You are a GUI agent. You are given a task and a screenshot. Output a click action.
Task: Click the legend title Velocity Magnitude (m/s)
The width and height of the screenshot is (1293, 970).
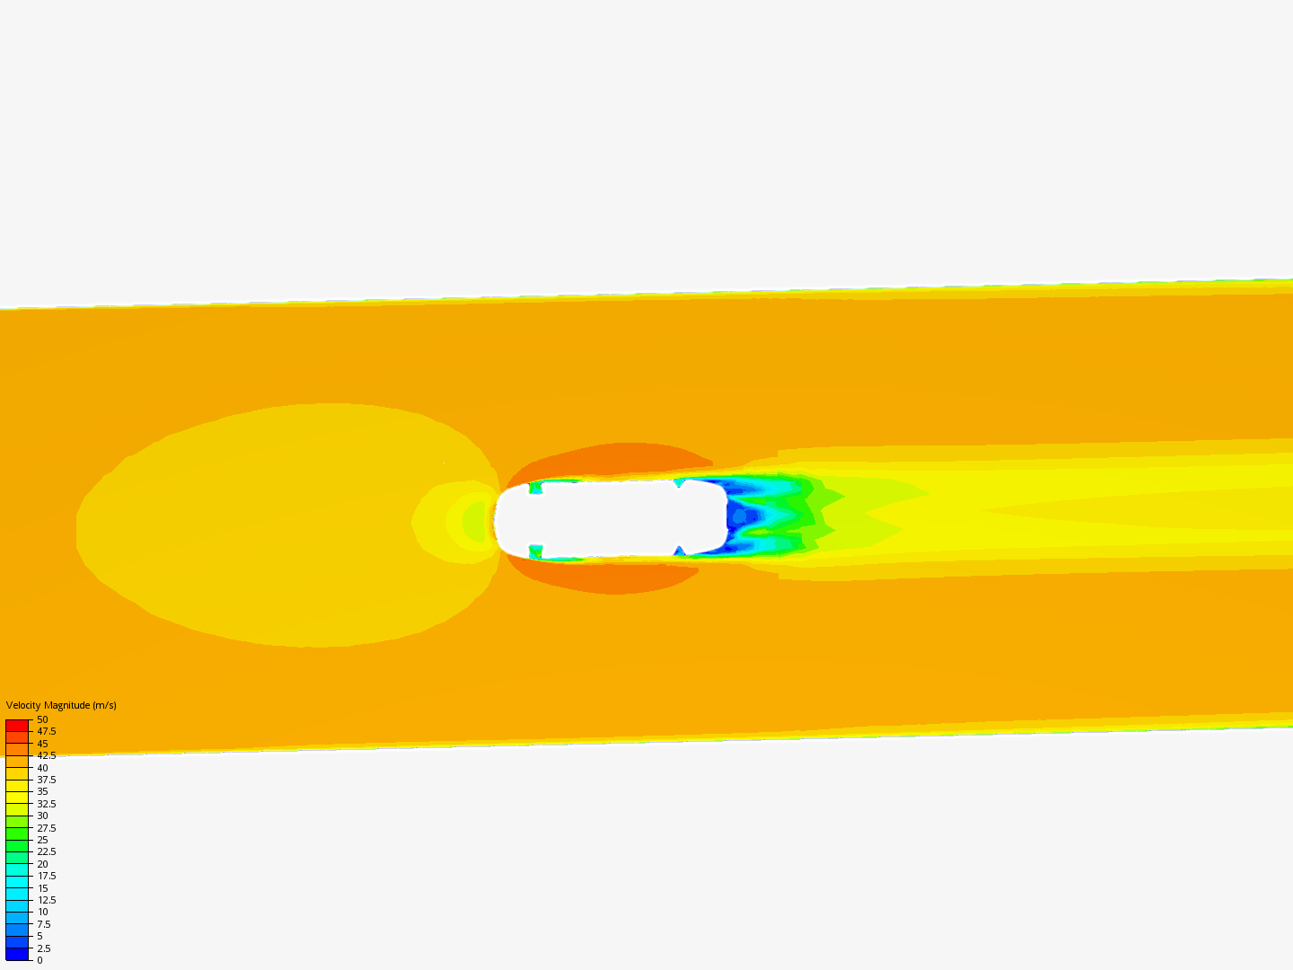pos(61,705)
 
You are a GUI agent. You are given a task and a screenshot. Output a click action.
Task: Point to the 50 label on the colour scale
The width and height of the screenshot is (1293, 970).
pos(42,719)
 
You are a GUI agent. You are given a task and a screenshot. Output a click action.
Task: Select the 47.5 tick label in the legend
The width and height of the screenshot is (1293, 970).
pos(47,731)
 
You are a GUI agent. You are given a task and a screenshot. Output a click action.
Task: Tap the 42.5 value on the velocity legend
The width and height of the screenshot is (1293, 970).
pos(47,755)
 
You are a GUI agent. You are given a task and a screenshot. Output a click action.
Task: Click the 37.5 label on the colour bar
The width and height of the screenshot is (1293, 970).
pos(47,780)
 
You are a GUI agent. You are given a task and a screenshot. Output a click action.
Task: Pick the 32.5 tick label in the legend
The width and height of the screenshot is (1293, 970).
pos(47,804)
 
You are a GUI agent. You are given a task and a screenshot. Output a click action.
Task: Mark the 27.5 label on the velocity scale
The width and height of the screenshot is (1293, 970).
pos(47,828)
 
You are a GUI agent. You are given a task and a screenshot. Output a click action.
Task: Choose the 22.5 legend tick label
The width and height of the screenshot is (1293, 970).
pos(47,851)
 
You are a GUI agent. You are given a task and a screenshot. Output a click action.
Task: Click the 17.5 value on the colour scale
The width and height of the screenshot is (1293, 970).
pos(47,876)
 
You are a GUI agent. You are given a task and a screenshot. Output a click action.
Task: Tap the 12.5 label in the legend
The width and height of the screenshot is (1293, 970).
pos(47,900)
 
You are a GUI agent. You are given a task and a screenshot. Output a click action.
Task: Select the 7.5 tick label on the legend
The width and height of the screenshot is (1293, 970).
pos(44,924)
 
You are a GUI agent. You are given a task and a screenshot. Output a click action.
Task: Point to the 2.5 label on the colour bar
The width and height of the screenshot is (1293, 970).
pos(44,948)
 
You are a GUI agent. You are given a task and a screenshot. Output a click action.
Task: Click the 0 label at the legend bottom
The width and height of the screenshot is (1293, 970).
pos(40,960)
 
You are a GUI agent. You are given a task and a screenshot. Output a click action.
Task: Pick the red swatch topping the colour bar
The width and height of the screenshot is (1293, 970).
pos(17,725)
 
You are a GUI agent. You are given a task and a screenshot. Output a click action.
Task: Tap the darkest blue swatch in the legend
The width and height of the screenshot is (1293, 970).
pos(17,954)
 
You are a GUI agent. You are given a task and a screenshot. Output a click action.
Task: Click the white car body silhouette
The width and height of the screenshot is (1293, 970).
pos(611,518)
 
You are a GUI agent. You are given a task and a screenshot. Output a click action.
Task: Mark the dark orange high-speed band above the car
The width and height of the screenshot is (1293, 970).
pos(620,458)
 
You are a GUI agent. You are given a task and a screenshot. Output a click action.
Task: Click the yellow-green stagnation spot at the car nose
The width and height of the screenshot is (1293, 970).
pos(474,521)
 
